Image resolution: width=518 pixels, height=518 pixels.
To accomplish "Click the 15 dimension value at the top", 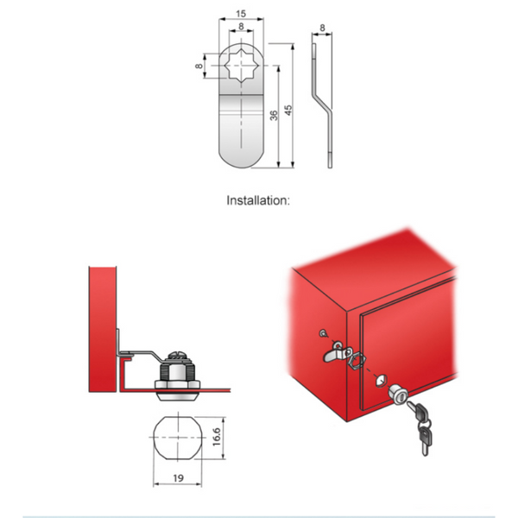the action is (x=241, y=14).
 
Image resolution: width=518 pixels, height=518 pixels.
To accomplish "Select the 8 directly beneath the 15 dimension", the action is (x=241, y=26).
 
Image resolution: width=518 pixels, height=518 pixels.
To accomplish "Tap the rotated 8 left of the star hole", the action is (x=199, y=66).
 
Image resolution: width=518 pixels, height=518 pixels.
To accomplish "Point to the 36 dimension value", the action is (x=274, y=116).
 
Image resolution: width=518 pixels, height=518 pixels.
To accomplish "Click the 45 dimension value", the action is (x=288, y=110).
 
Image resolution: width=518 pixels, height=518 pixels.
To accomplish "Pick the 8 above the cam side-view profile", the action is (x=322, y=28).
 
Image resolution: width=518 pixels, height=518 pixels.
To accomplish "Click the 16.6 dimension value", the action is (x=217, y=437).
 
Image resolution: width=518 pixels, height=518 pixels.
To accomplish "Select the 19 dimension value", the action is (x=178, y=478).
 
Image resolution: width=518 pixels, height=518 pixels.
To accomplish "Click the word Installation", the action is (x=258, y=200).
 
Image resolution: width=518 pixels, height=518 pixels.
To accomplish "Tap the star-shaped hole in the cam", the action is (x=241, y=66).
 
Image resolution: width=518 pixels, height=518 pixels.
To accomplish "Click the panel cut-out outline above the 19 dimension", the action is (x=154, y=437).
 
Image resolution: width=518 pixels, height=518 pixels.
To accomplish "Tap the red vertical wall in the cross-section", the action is (x=103, y=329).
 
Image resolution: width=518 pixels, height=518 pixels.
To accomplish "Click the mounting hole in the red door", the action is (x=382, y=380).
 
